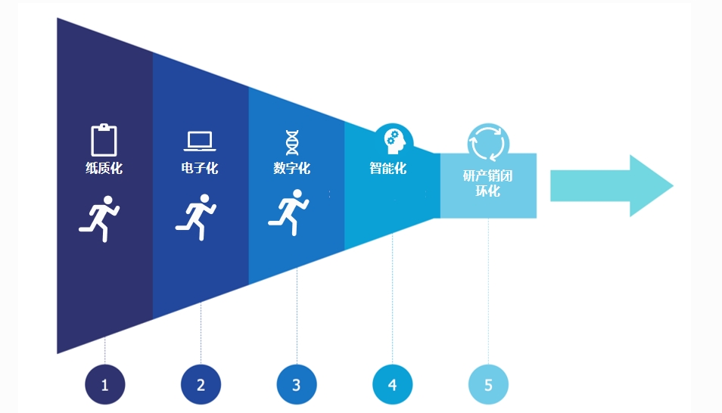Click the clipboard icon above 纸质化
[x=104, y=140]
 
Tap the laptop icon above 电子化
[x=200, y=141]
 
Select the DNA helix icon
[x=292, y=143]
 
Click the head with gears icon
[x=394, y=141]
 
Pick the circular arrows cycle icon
[x=488, y=142]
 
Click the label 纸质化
[x=104, y=168]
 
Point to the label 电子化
[x=200, y=168]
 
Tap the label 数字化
[x=292, y=168]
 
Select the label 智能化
[x=388, y=168]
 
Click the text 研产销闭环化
[x=488, y=183]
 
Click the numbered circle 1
[x=105, y=384]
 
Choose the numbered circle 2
[x=201, y=384]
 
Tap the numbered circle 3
[x=297, y=384]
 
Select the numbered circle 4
[x=392, y=384]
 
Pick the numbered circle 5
[x=488, y=384]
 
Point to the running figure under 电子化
[x=196, y=217]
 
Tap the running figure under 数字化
[x=289, y=213]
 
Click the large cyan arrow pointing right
[x=612, y=186]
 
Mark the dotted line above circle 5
[x=488, y=291]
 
